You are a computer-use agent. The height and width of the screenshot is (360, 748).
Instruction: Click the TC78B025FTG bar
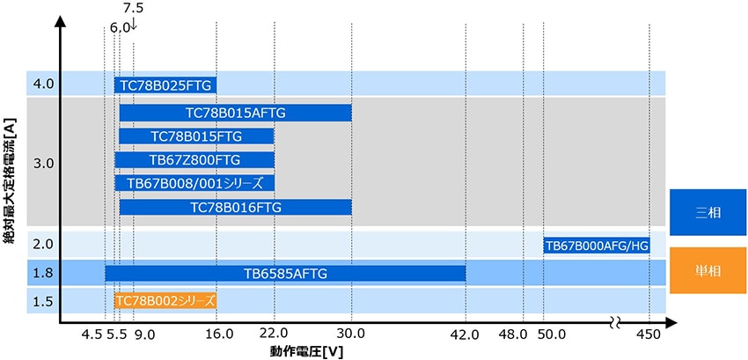(x=165, y=85)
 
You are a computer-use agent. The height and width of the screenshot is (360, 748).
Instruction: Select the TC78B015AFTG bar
(x=235, y=113)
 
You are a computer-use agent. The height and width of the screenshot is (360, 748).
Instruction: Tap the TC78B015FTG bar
(x=196, y=136)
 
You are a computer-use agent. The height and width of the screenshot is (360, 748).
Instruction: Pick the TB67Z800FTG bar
(x=194, y=159)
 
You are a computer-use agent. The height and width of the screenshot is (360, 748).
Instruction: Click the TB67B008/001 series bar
(x=194, y=183)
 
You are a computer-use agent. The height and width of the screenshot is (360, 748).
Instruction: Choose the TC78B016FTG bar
(x=235, y=207)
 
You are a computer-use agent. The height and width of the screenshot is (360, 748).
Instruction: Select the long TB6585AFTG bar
(x=285, y=273)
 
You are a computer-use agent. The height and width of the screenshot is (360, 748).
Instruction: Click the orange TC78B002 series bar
(x=165, y=300)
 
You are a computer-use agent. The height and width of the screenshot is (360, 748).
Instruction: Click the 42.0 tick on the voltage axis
(x=465, y=334)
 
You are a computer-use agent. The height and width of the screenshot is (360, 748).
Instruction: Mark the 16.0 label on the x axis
(x=217, y=334)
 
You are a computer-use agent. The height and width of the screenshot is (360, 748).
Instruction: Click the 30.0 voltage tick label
(x=351, y=334)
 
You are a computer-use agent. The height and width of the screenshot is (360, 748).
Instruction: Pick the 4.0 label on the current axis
(x=43, y=84)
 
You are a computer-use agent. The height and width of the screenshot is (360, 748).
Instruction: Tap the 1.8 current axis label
(x=43, y=273)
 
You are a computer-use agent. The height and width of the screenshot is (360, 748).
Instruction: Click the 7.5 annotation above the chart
(x=133, y=8)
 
